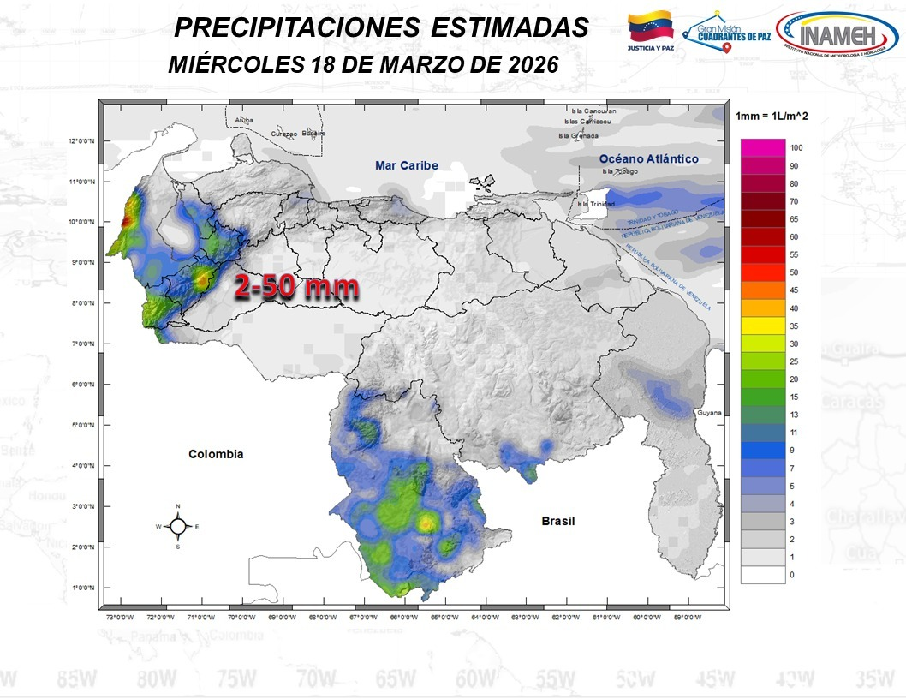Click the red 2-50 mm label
[296, 289]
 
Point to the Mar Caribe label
[406, 165]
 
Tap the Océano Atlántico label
[648, 159]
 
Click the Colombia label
[216, 454]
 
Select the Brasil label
[557, 521]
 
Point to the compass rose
[177, 526]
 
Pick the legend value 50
[794, 272]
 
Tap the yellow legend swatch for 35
[763, 326]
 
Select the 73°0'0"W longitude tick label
[119, 617]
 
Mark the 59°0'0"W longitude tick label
[687, 617]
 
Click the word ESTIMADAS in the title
[510, 27]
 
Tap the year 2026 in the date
[528, 64]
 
